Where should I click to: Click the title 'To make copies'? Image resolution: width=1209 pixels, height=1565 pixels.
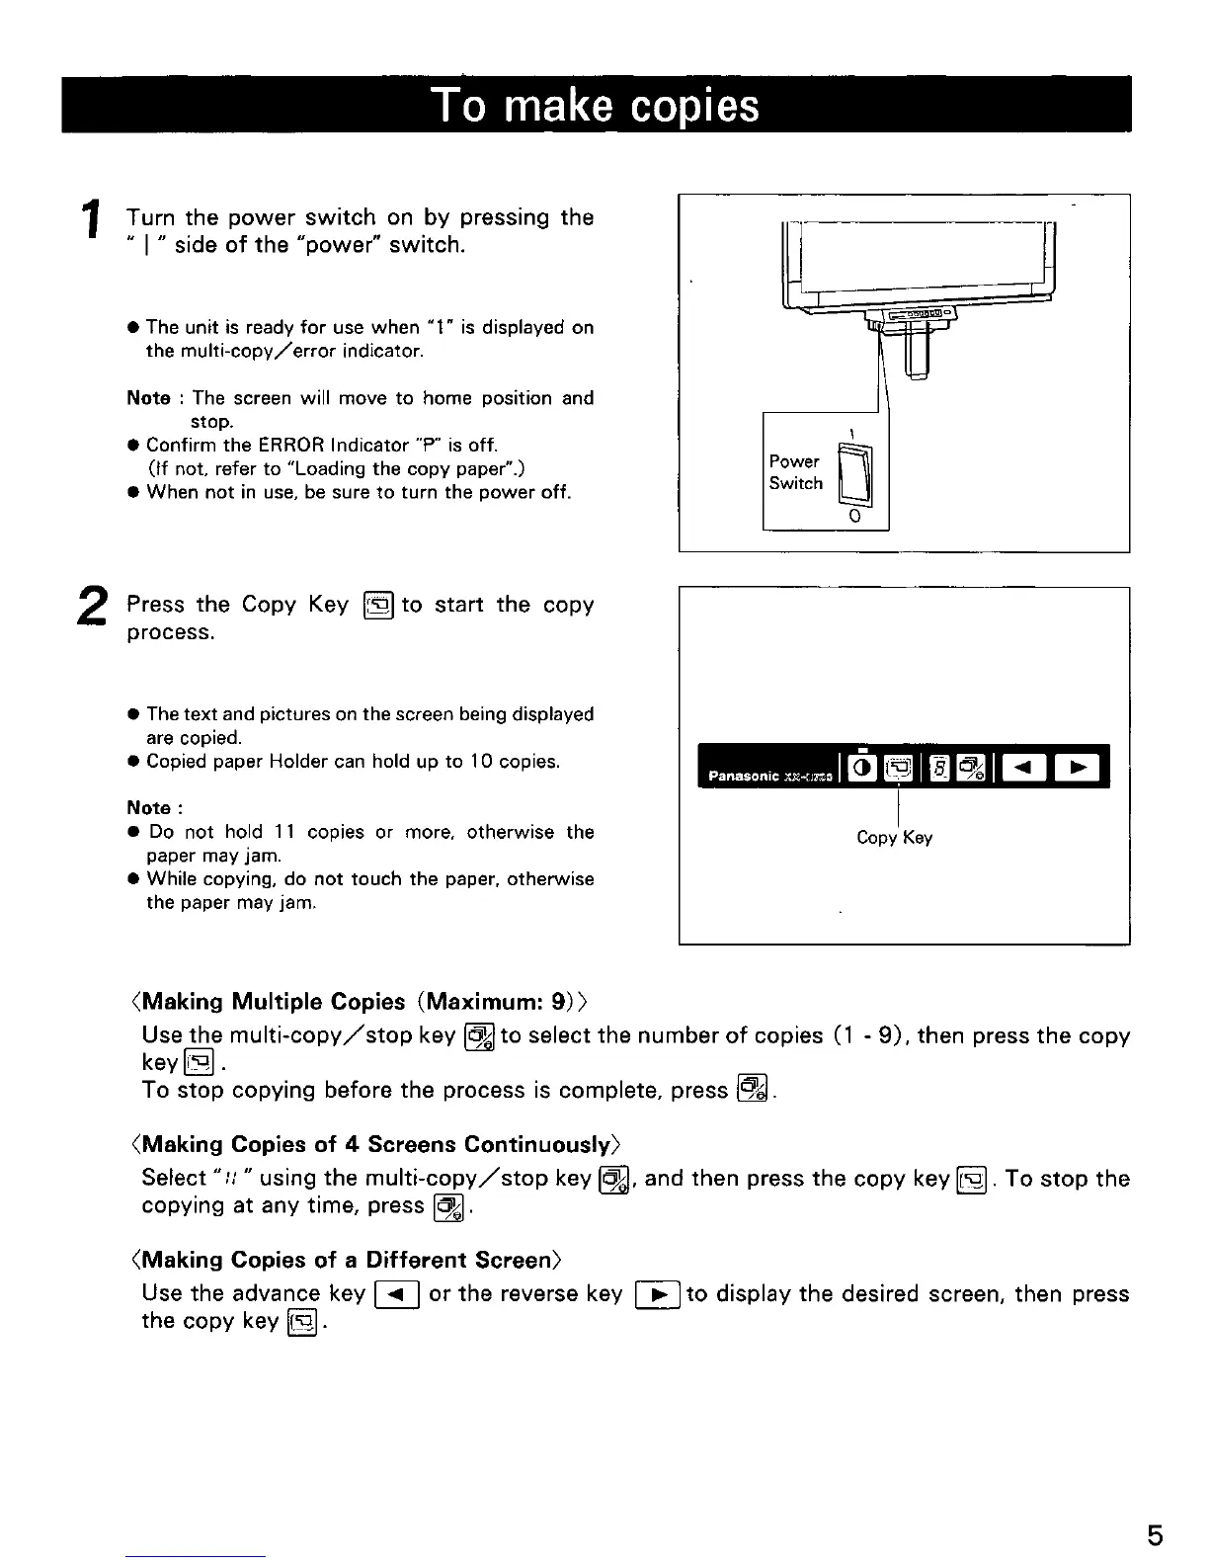tap(596, 105)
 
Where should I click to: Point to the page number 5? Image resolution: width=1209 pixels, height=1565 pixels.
tap(1155, 1535)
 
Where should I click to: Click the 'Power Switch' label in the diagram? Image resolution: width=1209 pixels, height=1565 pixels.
tap(796, 472)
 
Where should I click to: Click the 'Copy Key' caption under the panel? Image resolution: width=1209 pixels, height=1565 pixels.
tap(894, 838)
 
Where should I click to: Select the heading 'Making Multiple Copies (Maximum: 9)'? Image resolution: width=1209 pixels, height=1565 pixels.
tap(360, 1002)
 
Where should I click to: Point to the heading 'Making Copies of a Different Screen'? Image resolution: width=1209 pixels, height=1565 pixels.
tap(346, 1260)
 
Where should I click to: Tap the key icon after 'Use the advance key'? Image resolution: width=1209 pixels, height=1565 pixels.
tap(398, 1294)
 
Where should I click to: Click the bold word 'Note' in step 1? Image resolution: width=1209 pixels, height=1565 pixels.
tap(148, 398)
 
